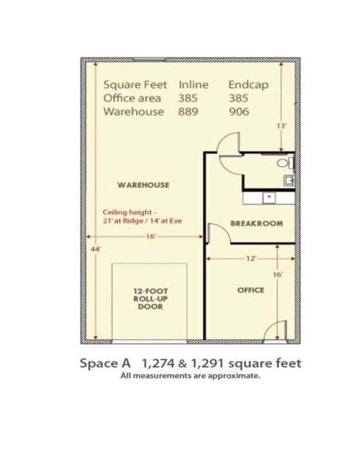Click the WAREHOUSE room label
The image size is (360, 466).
click(144, 185)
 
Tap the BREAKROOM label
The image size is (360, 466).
click(256, 223)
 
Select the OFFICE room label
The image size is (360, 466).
click(251, 290)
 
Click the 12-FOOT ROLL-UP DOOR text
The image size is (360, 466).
click(151, 299)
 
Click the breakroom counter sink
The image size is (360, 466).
click(269, 198)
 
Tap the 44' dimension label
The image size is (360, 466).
click(95, 249)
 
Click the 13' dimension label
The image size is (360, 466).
click(281, 126)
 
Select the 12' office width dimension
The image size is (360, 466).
click(251, 258)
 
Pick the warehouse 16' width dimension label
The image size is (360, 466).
click(151, 237)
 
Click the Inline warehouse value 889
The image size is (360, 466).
click(188, 112)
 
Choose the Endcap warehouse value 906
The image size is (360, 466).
click(239, 112)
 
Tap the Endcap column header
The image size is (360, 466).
click(248, 85)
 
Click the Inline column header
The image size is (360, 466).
click(194, 85)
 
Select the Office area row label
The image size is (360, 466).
click(132, 98)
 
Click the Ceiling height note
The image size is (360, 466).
click(142, 217)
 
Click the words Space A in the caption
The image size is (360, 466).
click(105, 364)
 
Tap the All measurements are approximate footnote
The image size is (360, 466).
click(191, 375)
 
